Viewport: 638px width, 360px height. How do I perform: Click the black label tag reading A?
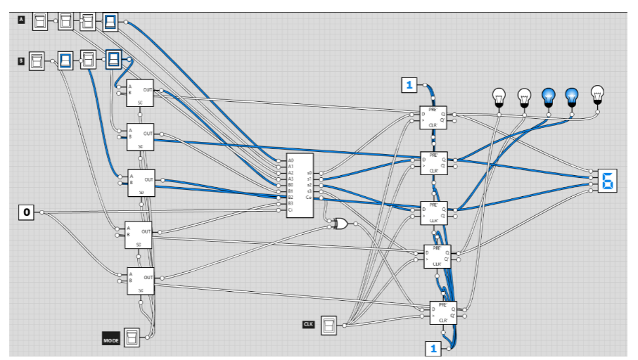tap(21, 20)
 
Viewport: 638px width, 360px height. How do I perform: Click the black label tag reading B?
tap(21, 61)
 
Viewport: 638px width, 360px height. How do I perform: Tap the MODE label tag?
tap(111, 340)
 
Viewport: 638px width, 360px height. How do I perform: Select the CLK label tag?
tap(308, 324)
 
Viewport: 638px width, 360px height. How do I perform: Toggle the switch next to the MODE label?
tap(132, 337)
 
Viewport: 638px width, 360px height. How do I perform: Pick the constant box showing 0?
tap(27, 212)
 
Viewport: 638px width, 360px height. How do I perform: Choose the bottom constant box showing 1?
tap(433, 348)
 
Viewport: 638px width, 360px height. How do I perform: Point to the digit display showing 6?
tap(606, 181)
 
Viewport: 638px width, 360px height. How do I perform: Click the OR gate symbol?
tap(340, 224)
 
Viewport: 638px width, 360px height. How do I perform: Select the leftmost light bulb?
tap(499, 96)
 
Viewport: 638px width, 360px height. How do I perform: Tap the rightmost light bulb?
tap(597, 94)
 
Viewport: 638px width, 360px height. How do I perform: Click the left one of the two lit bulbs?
tap(548, 96)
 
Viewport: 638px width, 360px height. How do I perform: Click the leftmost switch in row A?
tap(41, 20)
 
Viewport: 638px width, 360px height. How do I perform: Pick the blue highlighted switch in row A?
tap(110, 22)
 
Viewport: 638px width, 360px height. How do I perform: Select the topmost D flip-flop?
tap(433, 116)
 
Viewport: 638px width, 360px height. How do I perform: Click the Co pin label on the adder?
tap(310, 198)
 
